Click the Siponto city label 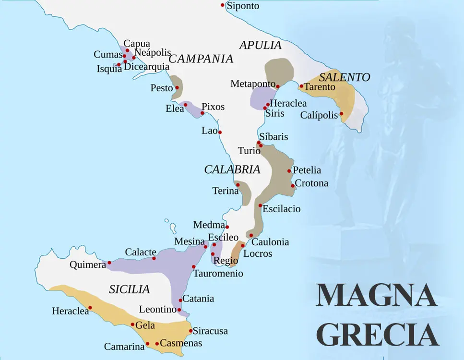pos(243,6)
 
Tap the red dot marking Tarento pos(301,86)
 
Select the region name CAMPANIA pos(201,59)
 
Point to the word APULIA pos(260,46)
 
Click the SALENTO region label pos(345,77)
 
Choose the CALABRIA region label pos(232,169)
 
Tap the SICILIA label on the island pos(130,289)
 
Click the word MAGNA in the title pos(376,296)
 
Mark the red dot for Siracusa pos(190,331)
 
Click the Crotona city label pos(311,183)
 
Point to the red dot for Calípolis pos(342,114)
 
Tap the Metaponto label pos(253,84)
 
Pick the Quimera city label pos(87,265)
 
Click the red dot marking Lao pos(220,132)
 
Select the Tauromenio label pos(218,274)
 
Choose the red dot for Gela pos(133,324)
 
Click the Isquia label pos(109,69)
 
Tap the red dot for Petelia pos(289,171)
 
